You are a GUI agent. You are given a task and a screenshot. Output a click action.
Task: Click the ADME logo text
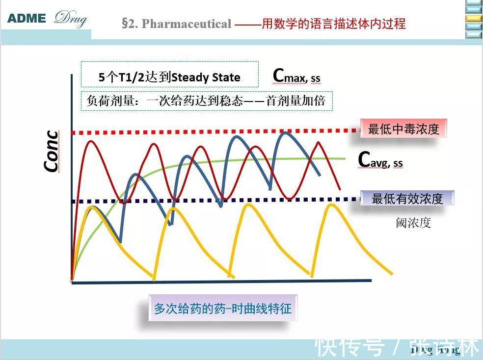tap(27, 19)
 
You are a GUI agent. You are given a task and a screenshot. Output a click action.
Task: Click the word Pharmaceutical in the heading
tap(186, 24)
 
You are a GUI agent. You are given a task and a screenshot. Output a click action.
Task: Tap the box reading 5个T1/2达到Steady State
tap(169, 77)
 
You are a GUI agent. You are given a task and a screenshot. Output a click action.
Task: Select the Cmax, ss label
tap(296, 76)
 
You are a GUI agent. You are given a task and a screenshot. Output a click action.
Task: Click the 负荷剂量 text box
tap(206, 101)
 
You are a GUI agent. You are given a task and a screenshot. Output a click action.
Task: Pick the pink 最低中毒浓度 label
tap(403, 129)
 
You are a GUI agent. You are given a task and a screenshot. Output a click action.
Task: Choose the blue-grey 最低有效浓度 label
tap(407, 198)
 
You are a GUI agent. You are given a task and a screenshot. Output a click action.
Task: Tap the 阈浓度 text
tap(413, 223)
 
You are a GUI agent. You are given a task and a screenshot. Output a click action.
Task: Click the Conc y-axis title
tap(52, 151)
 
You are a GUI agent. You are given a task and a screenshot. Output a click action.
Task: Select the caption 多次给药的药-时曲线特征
tap(223, 308)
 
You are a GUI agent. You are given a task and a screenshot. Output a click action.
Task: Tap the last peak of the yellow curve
tap(332, 205)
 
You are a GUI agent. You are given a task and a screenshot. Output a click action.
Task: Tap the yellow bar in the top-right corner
tap(474, 18)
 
